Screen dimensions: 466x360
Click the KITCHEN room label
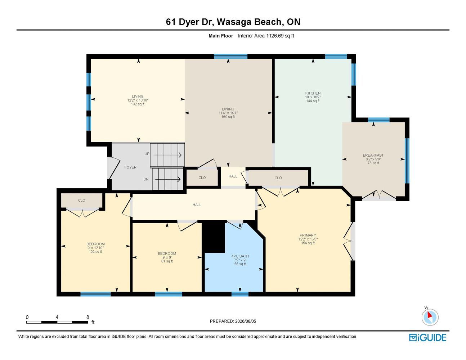(313, 93)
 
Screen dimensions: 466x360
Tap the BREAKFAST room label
(373, 155)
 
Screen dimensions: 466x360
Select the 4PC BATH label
(240, 256)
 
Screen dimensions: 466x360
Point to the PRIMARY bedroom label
(308, 235)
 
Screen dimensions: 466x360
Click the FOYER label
(130, 167)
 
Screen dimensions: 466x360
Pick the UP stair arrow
(167, 155)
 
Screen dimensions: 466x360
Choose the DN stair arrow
(168, 179)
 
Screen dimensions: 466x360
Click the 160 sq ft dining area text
(228, 117)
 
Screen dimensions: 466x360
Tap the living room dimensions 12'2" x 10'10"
(138, 100)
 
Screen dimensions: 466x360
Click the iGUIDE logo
(427, 338)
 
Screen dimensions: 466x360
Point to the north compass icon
(430, 317)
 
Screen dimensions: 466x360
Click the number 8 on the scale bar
(88, 317)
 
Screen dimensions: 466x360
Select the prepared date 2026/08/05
(246, 321)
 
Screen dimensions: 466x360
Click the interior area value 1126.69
(275, 36)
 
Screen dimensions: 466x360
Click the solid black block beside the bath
(214, 237)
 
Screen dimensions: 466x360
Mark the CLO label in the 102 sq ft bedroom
(81, 201)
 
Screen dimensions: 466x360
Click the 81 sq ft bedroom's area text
(167, 261)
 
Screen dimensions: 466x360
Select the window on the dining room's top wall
(230, 57)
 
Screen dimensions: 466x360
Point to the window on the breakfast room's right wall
(407, 161)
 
